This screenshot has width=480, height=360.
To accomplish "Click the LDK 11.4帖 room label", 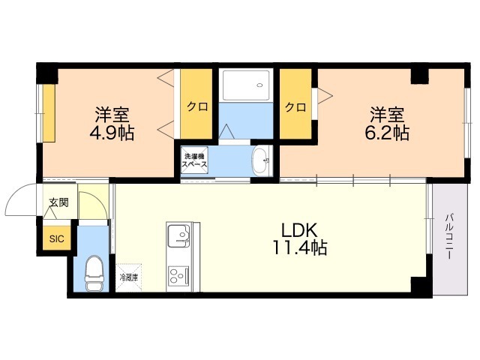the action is click(299, 239).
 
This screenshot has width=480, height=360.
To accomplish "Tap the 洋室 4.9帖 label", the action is click(112, 124).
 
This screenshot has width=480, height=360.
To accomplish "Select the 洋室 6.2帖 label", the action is click(387, 124).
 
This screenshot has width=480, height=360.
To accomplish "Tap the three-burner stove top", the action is click(179, 276).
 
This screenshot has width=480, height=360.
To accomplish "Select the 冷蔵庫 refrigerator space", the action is click(128, 277).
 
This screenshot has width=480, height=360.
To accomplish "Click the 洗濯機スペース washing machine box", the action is click(194, 160).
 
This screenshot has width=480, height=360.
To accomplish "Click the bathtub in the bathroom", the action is click(246, 85).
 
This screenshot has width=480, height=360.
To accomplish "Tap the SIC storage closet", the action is click(57, 238).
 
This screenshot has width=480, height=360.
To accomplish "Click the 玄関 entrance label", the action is click(59, 202).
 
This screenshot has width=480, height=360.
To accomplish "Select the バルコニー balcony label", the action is click(449, 237).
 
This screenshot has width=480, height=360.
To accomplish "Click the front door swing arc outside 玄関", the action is click(16, 194).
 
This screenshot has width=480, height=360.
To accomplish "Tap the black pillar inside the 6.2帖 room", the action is click(419, 76).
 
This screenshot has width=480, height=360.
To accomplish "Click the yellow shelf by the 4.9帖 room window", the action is click(49, 113).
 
